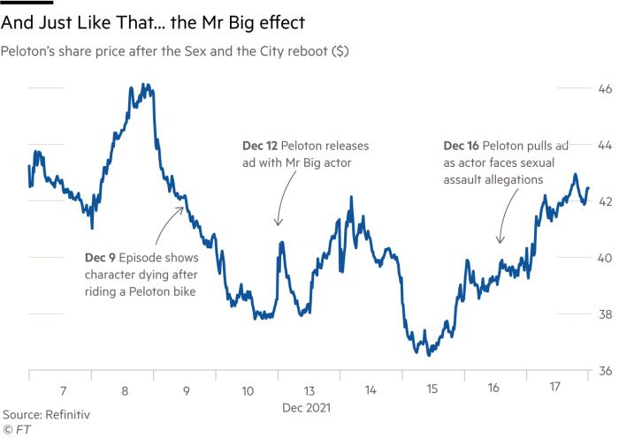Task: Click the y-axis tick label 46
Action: pyautogui.click(x=581, y=88)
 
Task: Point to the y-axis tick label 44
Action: pyautogui.click(x=581, y=144)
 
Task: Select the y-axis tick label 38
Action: pyautogui.click(x=581, y=314)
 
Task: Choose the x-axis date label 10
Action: pyautogui.click(x=248, y=389)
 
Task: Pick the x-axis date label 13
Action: pyautogui.click(x=308, y=389)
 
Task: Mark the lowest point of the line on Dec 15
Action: pyautogui.click(x=428, y=355)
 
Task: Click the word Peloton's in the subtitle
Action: pyautogui.click(x=31, y=51)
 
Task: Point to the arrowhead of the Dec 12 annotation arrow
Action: pyautogui.click(x=278, y=227)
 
